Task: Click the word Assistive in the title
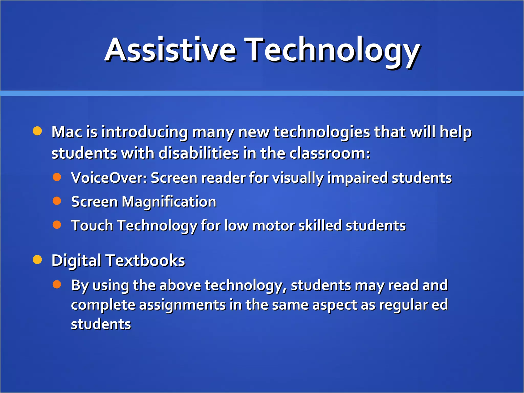(x=170, y=50)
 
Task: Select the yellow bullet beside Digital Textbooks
(x=37, y=259)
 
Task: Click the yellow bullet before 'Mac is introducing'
(x=37, y=131)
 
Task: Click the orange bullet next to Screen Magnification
(x=57, y=201)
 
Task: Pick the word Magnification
(x=169, y=202)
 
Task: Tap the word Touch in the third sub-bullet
(x=92, y=226)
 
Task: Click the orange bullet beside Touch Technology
(x=57, y=225)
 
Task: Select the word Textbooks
(x=145, y=260)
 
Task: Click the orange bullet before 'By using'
(x=57, y=284)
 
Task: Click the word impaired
(x=357, y=178)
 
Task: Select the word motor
(x=274, y=226)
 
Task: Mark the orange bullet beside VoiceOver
(x=57, y=177)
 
